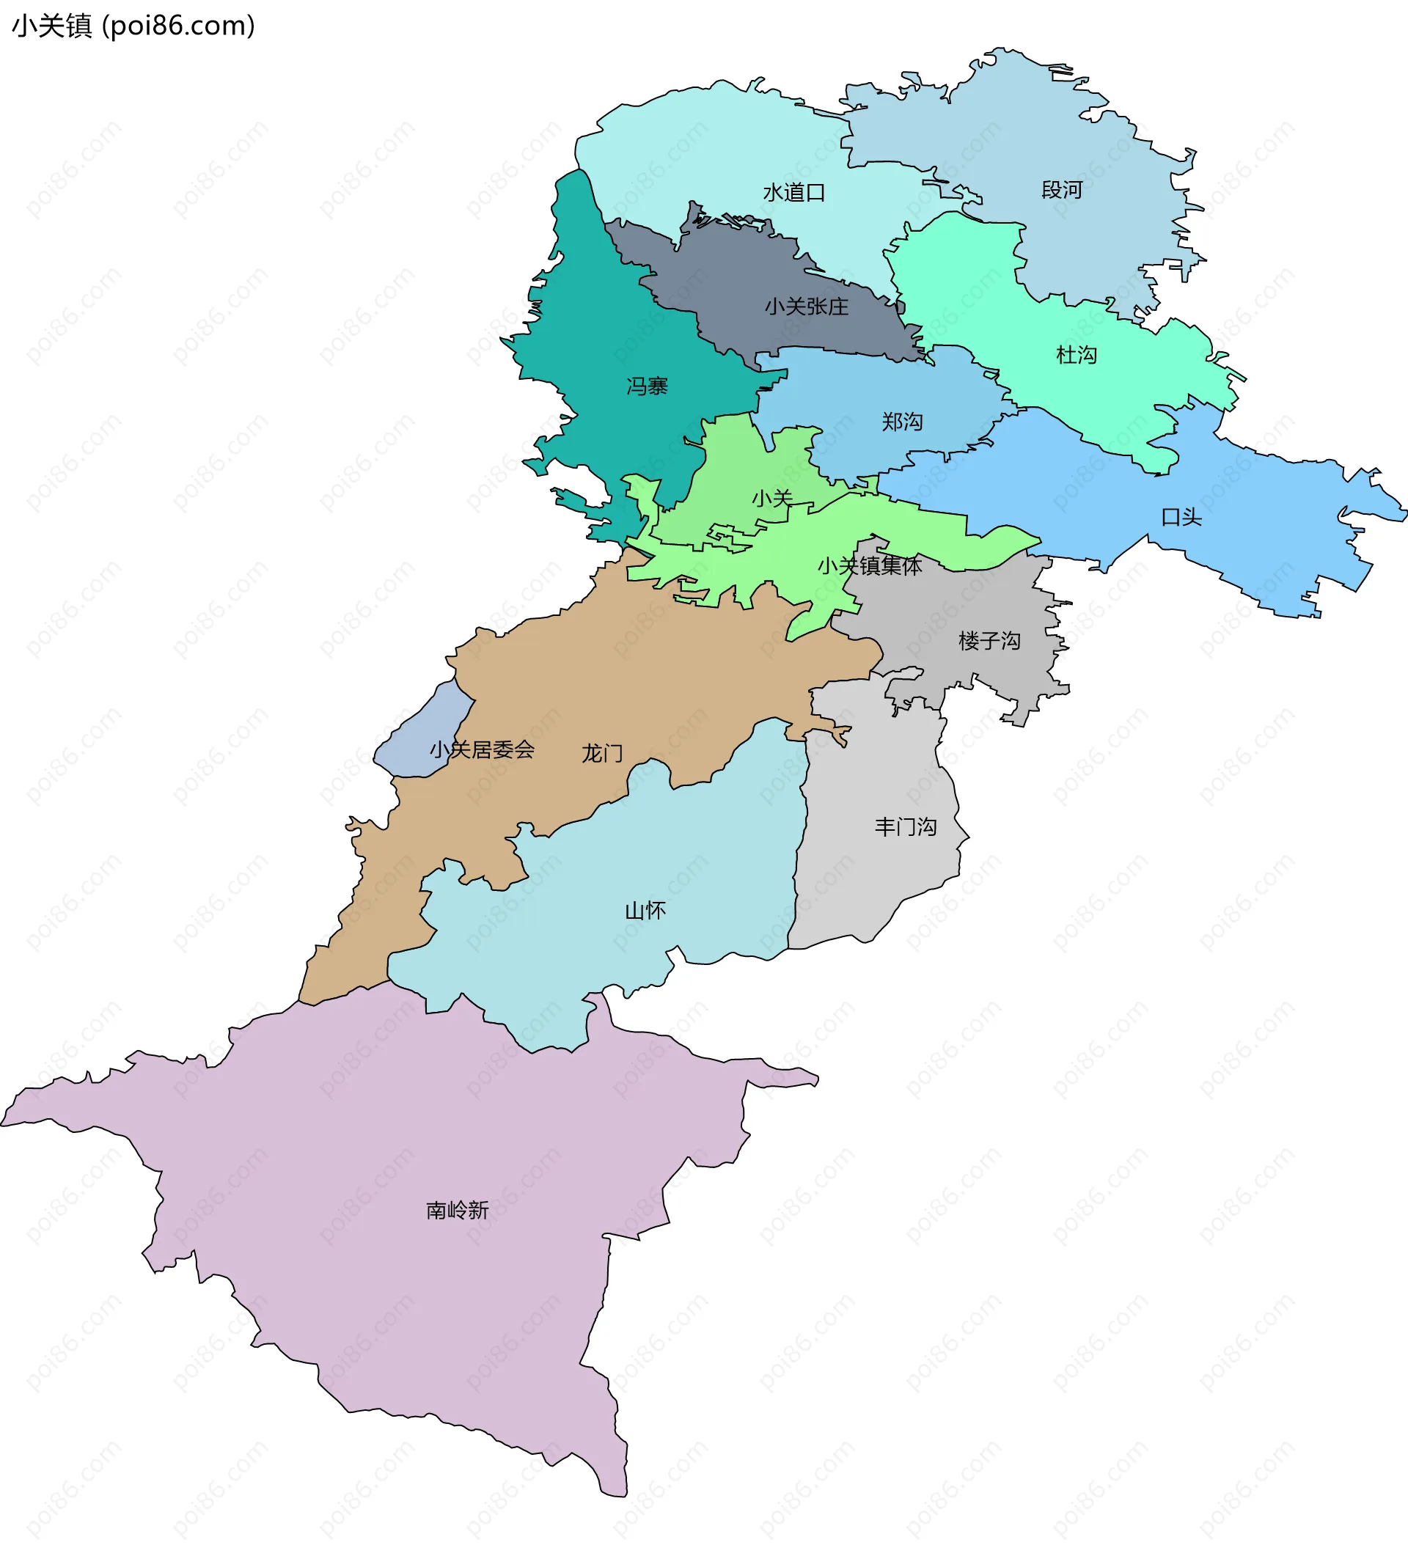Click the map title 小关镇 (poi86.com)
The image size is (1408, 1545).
[x=133, y=26]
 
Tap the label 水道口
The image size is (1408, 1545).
[x=793, y=192]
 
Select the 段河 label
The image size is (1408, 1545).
[x=1062, y=189]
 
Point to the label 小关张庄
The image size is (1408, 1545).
[x=807, y=307]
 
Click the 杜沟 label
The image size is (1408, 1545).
[x=1076, y=355]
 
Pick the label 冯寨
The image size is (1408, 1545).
[x=647, y=386]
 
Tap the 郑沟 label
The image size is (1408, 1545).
[x=901, y=422]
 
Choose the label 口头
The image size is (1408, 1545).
[x=1181, y=517]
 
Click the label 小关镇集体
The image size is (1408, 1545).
[x=869, y=565]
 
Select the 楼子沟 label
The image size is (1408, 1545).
[x=989, y=641]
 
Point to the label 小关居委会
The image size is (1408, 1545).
[x=481, y=749]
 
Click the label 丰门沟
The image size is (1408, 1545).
[x=905, y=827]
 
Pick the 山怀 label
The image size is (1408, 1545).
[x=645, y=911]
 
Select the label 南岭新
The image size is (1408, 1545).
[x=457, y=1210]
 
